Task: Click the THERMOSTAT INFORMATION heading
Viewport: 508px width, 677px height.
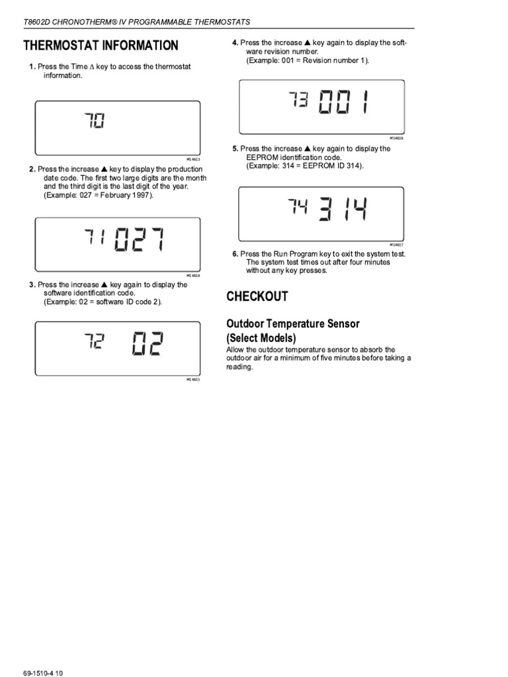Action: click(x=101, y=46)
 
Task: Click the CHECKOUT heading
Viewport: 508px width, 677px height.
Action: click(x=257, y=297)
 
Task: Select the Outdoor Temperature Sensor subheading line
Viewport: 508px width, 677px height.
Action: click(x=293, y=323)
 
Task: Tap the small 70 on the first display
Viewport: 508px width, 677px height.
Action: click(x=94, y=122)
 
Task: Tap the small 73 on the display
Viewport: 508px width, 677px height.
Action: click(x=298, y=100)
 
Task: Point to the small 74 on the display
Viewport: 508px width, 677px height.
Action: click(x=298, y=207)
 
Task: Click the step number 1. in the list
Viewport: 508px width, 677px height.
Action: click(x=32, y=67)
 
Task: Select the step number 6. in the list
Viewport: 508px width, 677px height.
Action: click(x=235, y=254)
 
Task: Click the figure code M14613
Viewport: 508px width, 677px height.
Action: click(x=193, y=159)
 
